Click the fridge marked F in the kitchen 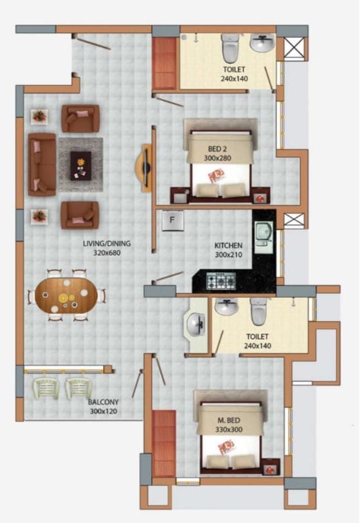click(173, 220)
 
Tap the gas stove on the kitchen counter click(221, 281)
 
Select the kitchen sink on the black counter click(264, 237)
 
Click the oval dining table click(66, 295)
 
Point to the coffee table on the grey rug click(80, 166)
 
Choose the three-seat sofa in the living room click(42, 164)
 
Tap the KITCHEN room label click(228, 246)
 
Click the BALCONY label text click(103, 402)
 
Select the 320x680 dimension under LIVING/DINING click(107, 253)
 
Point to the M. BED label click(229, 420)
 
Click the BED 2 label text click(217, 149)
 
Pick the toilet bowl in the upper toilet click(231, 48)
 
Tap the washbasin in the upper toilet click(263, 43)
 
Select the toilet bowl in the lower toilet click(259, 311)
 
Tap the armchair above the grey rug click(80, 119)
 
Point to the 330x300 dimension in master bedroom click(229, 429)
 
